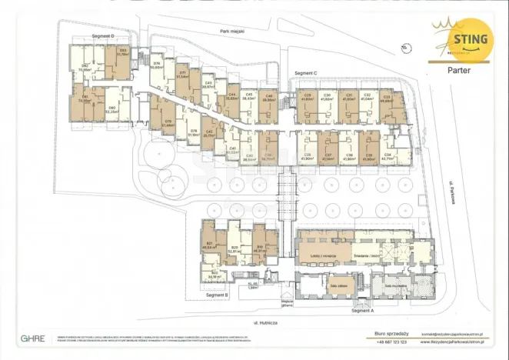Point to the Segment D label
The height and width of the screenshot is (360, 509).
[101, 36]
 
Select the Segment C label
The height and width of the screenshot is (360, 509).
[305, 73]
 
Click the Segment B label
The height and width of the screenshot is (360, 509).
[218, 294]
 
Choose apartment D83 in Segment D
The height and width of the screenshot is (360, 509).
[122, 54]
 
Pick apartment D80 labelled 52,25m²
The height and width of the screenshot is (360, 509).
[112, 110]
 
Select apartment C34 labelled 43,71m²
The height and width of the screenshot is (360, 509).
[388, 156]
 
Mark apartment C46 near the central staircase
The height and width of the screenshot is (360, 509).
[268, 100]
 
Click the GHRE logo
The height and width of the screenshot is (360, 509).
[32, 338]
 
